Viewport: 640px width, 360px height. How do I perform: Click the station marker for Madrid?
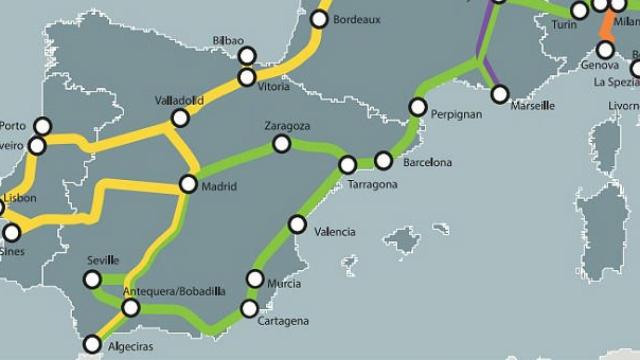[188, 184]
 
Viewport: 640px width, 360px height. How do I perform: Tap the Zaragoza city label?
[288, 127]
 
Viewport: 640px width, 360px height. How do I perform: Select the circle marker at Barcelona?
[383, 160]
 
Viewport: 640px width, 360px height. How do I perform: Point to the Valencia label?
[334, 232]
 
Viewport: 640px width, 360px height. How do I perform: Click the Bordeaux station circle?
[320, 19]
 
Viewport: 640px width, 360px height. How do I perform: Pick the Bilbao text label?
[228, 41]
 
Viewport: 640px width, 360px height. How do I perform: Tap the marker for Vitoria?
[247, 77]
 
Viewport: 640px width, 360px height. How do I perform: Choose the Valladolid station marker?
[180, 118]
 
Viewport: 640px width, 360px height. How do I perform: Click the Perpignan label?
[456, 115]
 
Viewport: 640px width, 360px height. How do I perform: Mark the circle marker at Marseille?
[500, 94]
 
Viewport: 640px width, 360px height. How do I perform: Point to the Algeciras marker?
[92, 344]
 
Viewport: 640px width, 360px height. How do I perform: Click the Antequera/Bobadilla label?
[173, 291]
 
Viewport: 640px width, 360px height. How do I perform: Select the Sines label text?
[12, 251]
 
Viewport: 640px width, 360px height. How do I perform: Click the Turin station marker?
[580, 11]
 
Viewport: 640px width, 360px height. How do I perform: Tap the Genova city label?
[599, 65]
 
